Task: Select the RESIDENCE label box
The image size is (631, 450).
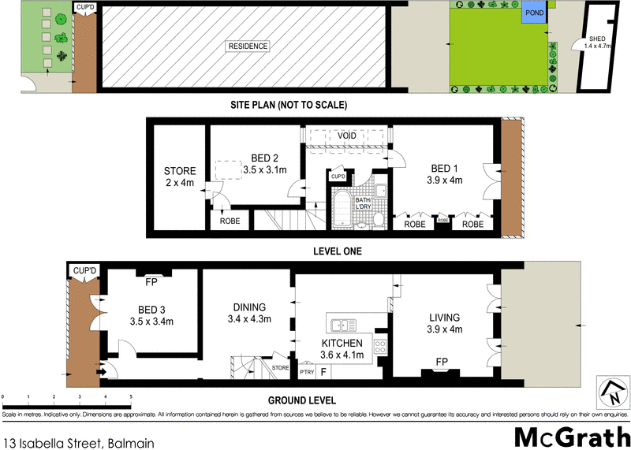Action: (x=248, y=46)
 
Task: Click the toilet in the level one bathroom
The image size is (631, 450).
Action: (x=378, y=218)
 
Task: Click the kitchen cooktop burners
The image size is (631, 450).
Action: (x=379, y=347)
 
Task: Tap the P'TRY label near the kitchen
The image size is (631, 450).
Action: (x=306, y=372)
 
